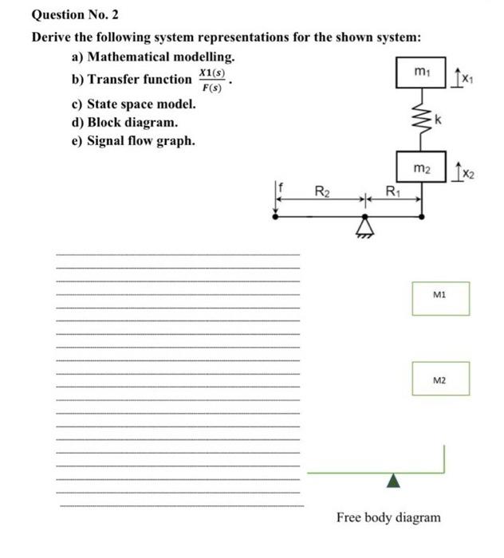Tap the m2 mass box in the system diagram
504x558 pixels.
click(x=422, y=168)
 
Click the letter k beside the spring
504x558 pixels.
click(x=437, y=120)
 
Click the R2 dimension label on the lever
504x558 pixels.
click(x=321, y=191)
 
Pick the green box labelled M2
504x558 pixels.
click(x=441, y=379)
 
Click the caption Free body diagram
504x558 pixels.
click(x=388, y=517)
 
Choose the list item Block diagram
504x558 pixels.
click(x=132, y=123)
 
